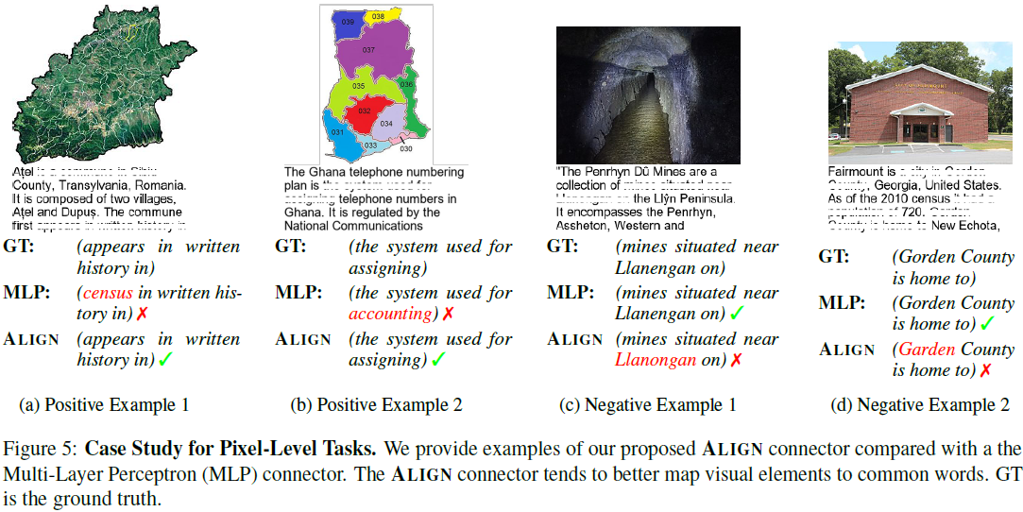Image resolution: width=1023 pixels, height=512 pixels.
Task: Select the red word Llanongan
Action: pyautogui.click(x=656, y=360)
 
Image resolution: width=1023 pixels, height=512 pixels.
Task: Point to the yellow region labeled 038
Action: pyautogui.click(x=379, y=16)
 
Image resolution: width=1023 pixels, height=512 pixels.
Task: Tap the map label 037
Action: pyautogui.click(x=368, y=50)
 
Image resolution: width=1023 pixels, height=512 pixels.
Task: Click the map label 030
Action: pyautogui.click(x=406, y=149)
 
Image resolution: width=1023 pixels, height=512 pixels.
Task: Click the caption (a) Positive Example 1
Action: pyautogui.click(x=104, y=405)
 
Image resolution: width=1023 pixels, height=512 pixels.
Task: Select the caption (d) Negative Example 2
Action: pyautogui.click(x=920, y=405)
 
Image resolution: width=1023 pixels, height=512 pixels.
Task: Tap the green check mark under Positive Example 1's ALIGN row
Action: pyautogui.click(x=165, y=360)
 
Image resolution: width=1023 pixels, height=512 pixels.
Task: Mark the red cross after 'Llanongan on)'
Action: pyautogui.click(x=734, y=360)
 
